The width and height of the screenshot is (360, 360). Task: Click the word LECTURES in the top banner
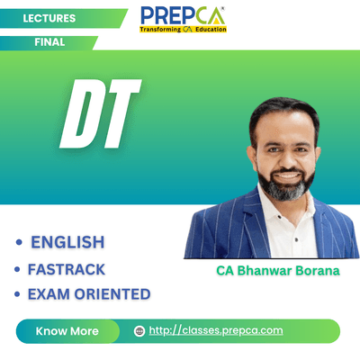pyautogui.click(x=49, y=18)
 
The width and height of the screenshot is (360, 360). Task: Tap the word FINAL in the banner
pyautogui.click(x=49, y=42)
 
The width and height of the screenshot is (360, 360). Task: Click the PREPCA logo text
pyautogui.click(x=183, y=16)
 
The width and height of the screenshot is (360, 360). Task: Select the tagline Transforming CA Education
pyautogui.click(x=183, y=30)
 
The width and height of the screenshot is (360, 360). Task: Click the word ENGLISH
pyautogui.click(x=67, y=242)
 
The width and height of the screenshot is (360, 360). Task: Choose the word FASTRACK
pyautogui.click(x=67, y=269)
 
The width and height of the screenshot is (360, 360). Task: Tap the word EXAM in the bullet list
pyautogui.click(x=49, y=294)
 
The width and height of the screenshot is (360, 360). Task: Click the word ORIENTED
pyautogui.click(x=112, y=294)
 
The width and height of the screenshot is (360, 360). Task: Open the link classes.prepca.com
pyautogui.click(x=216, y=330)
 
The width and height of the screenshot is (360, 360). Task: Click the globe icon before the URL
pyautogui.click(x=139, y=331)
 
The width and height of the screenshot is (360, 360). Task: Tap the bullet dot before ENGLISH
pyautogui.click(x=19, y=242)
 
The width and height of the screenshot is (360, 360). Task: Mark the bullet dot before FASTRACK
pyautogui.click(x=17, y=269)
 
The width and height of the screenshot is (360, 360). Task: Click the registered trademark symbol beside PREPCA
pyautogui.click(x=222, y=9)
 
